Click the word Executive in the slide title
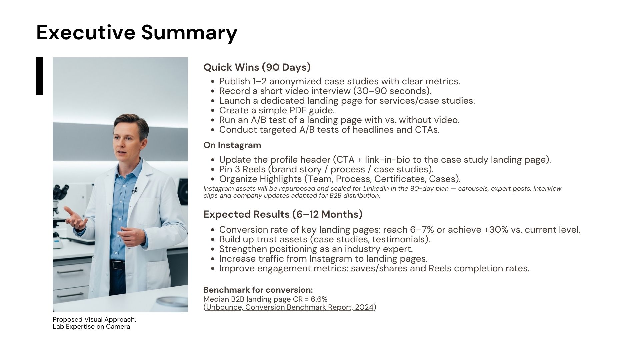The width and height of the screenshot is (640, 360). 86,32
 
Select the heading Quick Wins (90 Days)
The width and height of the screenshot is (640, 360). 257,67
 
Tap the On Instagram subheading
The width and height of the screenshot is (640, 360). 232,145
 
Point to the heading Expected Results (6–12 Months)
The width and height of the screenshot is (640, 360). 283,214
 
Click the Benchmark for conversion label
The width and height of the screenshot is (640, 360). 258,290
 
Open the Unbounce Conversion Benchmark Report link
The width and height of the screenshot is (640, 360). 290,307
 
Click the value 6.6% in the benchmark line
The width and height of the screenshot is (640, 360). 319,299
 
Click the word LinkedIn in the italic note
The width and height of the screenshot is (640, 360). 376,189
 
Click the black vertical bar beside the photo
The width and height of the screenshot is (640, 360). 39,76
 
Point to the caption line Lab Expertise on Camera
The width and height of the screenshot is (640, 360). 91,327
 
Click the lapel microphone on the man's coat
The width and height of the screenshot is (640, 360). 134,191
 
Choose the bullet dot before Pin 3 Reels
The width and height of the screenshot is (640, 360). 213,170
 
